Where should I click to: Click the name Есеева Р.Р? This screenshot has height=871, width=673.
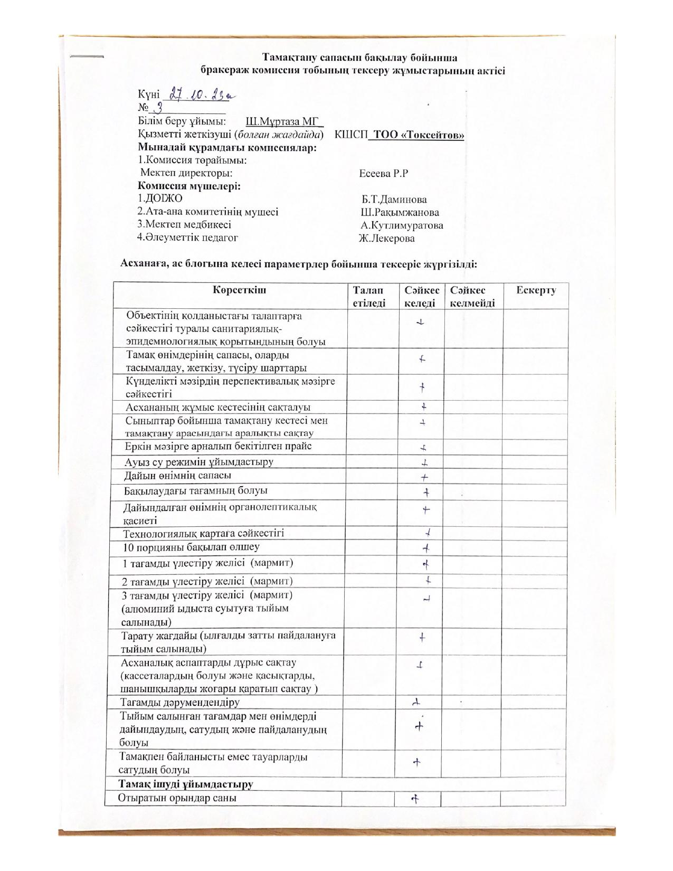tap(384, 173)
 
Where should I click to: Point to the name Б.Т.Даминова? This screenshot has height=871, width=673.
tap(394, 200)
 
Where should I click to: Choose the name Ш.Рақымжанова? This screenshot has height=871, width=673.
tap(400, 213)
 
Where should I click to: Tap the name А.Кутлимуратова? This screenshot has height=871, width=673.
tap(402, 225)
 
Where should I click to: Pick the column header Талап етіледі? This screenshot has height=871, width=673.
tap(369, 296)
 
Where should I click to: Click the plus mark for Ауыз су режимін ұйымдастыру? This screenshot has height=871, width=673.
tap(424, 463)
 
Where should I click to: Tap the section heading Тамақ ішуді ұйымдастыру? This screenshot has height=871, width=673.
tap(186, 784)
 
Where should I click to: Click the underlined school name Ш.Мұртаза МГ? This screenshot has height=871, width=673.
tap(284, 122)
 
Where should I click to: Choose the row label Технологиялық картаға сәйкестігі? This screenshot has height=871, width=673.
tap(204, 533)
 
